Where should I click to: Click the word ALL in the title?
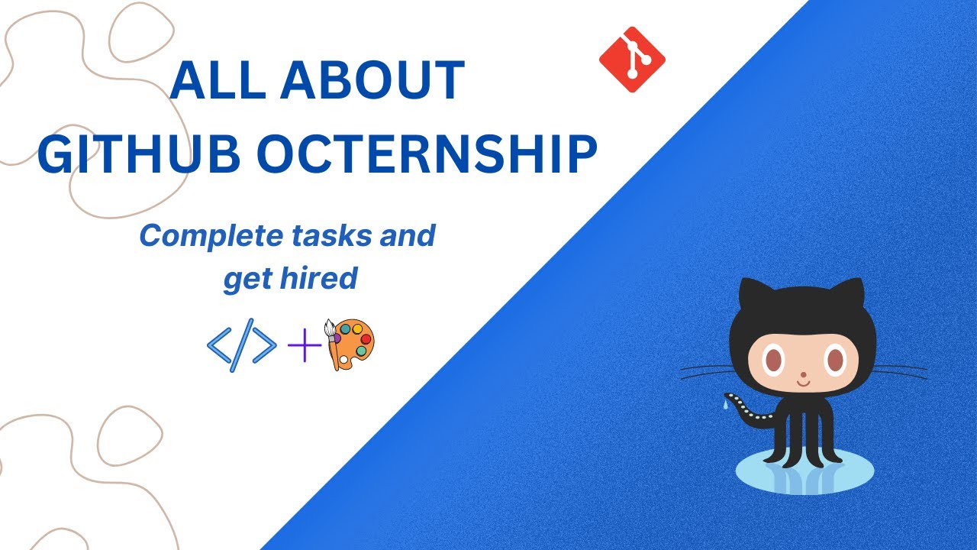coord(211,80)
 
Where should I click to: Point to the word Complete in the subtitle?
coord(210,235)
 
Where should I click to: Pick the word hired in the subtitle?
coord(324,279)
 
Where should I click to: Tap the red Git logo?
coord(632,60)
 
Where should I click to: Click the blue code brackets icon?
coord(241,347)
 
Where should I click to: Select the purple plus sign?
coord(304,347)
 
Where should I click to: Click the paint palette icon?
coord(350,345)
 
